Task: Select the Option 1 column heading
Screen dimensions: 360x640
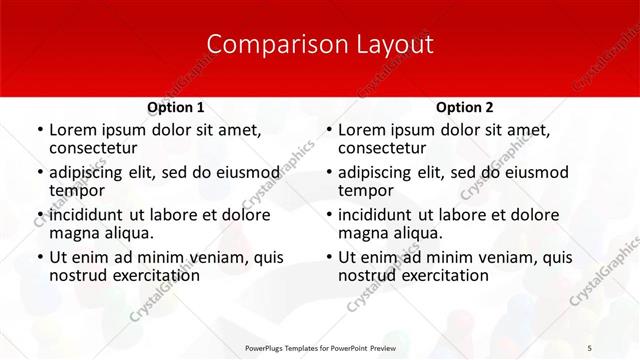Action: pos(175,107)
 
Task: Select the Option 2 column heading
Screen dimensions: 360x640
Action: pos(464,107)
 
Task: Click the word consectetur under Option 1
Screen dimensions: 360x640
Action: pos(91,149)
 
